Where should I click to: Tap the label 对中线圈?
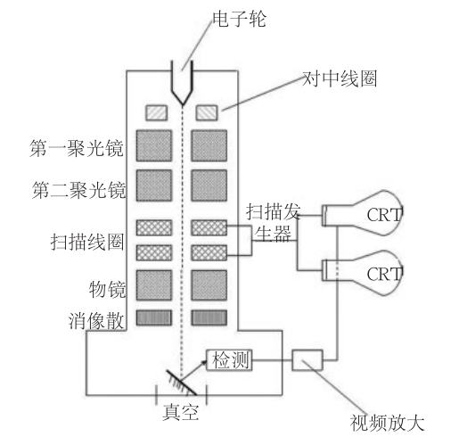(x=340, y=78)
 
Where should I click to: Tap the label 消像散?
(x=97, y=318)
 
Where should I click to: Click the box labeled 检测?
(x=230, y=359)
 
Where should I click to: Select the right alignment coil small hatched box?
(x=208, y=113)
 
